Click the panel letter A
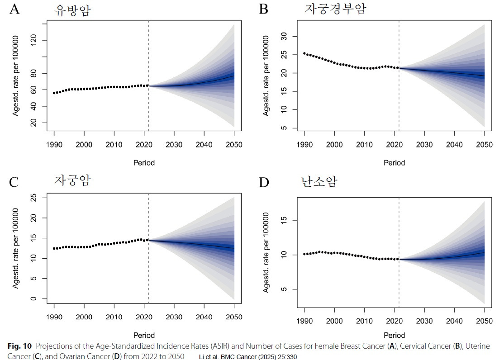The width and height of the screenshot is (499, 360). (x=14, y=9)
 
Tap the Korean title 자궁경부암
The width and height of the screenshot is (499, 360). (x=335, y=9)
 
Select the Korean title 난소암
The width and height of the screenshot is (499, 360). (x=319, y=182)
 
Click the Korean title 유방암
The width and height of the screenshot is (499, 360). (x=72, y=10)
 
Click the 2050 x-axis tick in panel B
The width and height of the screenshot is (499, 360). (x=484, y=145)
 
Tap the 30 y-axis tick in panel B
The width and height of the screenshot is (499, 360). (x=283, y=36)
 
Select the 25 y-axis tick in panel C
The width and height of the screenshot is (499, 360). (x=33, y=198)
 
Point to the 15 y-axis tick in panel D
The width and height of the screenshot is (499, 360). (x=283, y=221)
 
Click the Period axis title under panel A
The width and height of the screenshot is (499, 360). (x=144, y=162)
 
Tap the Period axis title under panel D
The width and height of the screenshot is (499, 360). (x=394, y=335)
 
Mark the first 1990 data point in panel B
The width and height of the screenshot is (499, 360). (x=304, y=53)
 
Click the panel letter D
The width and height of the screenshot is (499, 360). (x=264, y=183)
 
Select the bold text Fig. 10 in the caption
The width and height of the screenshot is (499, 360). (x=20, y=346)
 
